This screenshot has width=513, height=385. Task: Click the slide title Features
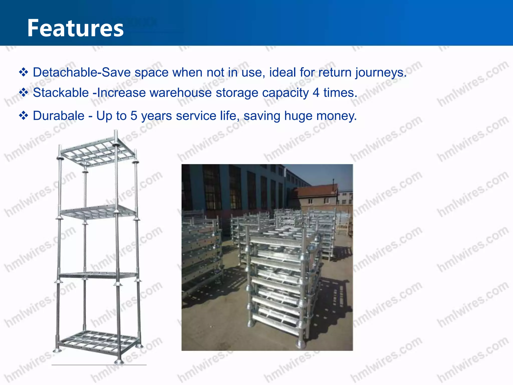tap(75, 28)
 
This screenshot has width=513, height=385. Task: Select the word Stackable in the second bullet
tap(61, 93)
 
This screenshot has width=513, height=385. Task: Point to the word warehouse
tap(181, 93)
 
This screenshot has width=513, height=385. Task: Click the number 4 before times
tap(316, 93)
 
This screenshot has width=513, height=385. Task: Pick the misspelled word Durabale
tap(59, 116)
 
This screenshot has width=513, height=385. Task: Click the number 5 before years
tap(134, 116)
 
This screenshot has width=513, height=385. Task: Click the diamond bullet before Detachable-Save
tap(24, 72)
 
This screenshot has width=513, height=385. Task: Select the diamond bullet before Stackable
tap(24, 93)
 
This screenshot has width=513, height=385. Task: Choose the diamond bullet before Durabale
tap(24, 116)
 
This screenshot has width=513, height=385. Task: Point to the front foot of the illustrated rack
tap(118, 362)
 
